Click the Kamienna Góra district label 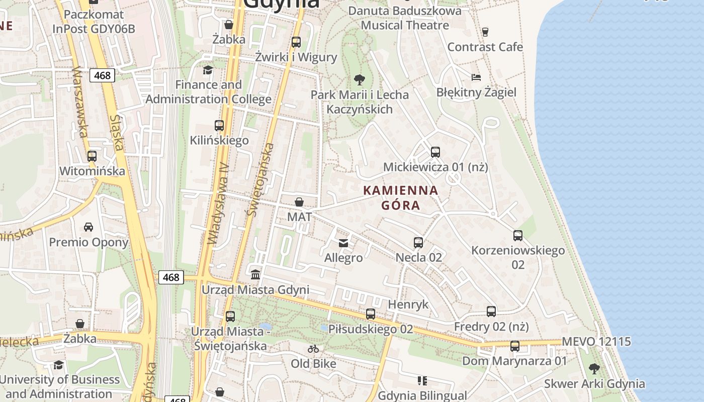(400, 197)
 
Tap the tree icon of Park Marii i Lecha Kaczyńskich (359, 79)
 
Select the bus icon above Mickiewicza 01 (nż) (435, 152)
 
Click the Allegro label (343, 258)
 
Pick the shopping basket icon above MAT (299, 202)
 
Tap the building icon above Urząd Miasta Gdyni (255, 275)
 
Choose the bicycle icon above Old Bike (313, 348)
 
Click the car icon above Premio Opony (89, 227)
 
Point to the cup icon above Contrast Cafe (485, 32)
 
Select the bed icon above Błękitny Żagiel (476, 77)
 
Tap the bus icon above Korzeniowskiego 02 (518, 235)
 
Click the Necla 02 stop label (419, 257)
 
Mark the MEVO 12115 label (596, 342)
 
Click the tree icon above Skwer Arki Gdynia (594, 369)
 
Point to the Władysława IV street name (219, 204)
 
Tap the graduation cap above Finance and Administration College (208, 70)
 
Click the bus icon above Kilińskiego (219, 126)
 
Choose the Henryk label (408, 304)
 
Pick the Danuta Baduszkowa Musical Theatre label (405, 18)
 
